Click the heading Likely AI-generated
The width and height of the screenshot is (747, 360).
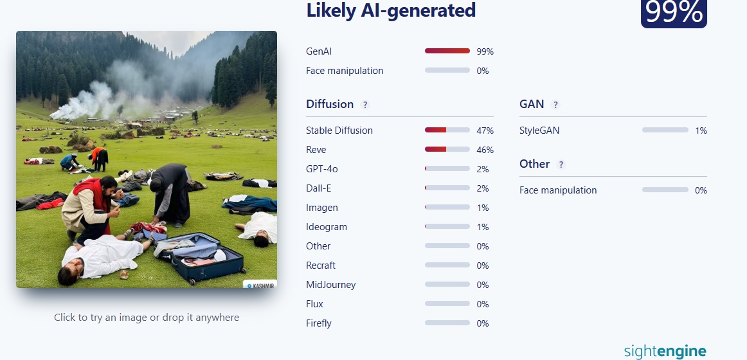click(391, 10)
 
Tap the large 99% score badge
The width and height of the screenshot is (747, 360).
click(674, 14)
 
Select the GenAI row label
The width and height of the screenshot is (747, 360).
click(319, 51)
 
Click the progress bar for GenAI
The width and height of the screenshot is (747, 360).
click(447, 51)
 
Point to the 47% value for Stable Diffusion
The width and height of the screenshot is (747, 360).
click(485, 130)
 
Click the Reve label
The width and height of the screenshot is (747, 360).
click(316, 150)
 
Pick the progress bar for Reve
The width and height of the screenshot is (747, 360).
click(447, 149)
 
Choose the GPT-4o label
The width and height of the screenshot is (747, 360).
click(321, 169)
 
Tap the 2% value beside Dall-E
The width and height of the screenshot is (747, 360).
click(483, 188)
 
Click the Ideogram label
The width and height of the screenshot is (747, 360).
click(327, 227)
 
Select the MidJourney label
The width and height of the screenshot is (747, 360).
click(330, 285)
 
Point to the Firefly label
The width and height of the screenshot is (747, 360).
click(319, 323)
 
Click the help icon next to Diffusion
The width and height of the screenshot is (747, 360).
click(365, 105)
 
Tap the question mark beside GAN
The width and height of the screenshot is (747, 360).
click(555, 105)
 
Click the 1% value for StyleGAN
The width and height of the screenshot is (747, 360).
click(701, 130)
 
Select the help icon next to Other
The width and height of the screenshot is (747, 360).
click(561, 165)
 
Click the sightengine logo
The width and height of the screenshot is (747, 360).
click(665, 352)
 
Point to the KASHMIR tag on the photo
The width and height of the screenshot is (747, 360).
click(260, 285)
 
